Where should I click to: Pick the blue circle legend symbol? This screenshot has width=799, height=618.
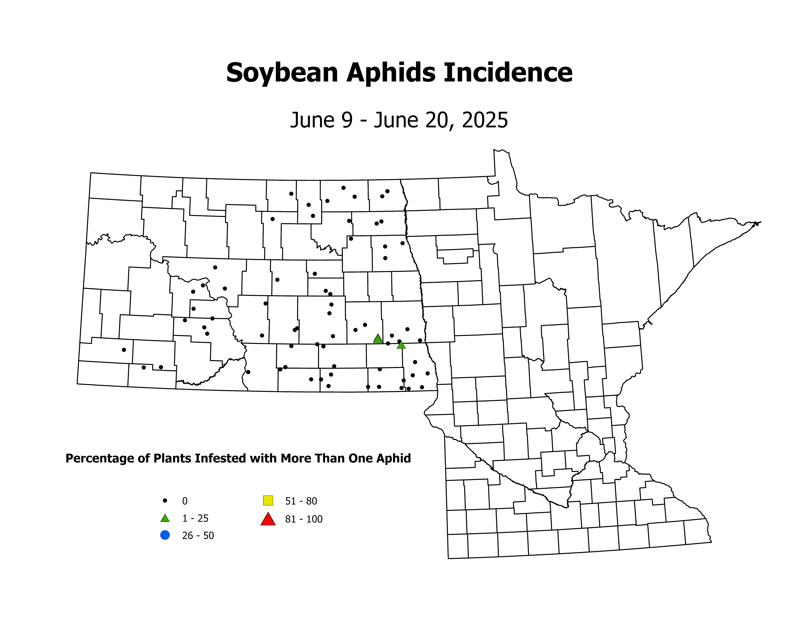(x=165, y=535)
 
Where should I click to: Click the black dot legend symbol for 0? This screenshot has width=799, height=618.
(x=165, y=500)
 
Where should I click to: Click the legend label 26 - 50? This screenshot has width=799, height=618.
(x=198, y=536)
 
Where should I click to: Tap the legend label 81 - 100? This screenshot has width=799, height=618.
(x=304, y=519)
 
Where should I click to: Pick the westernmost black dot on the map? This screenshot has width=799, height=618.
(x=124, y=350)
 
